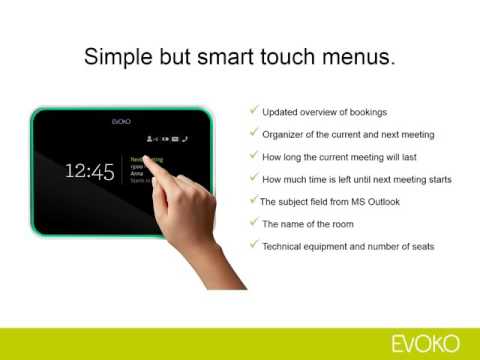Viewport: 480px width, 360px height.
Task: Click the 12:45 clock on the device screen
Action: [x=89, y=170]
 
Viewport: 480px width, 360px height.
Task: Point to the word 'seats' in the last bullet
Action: [x=420, y=246]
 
